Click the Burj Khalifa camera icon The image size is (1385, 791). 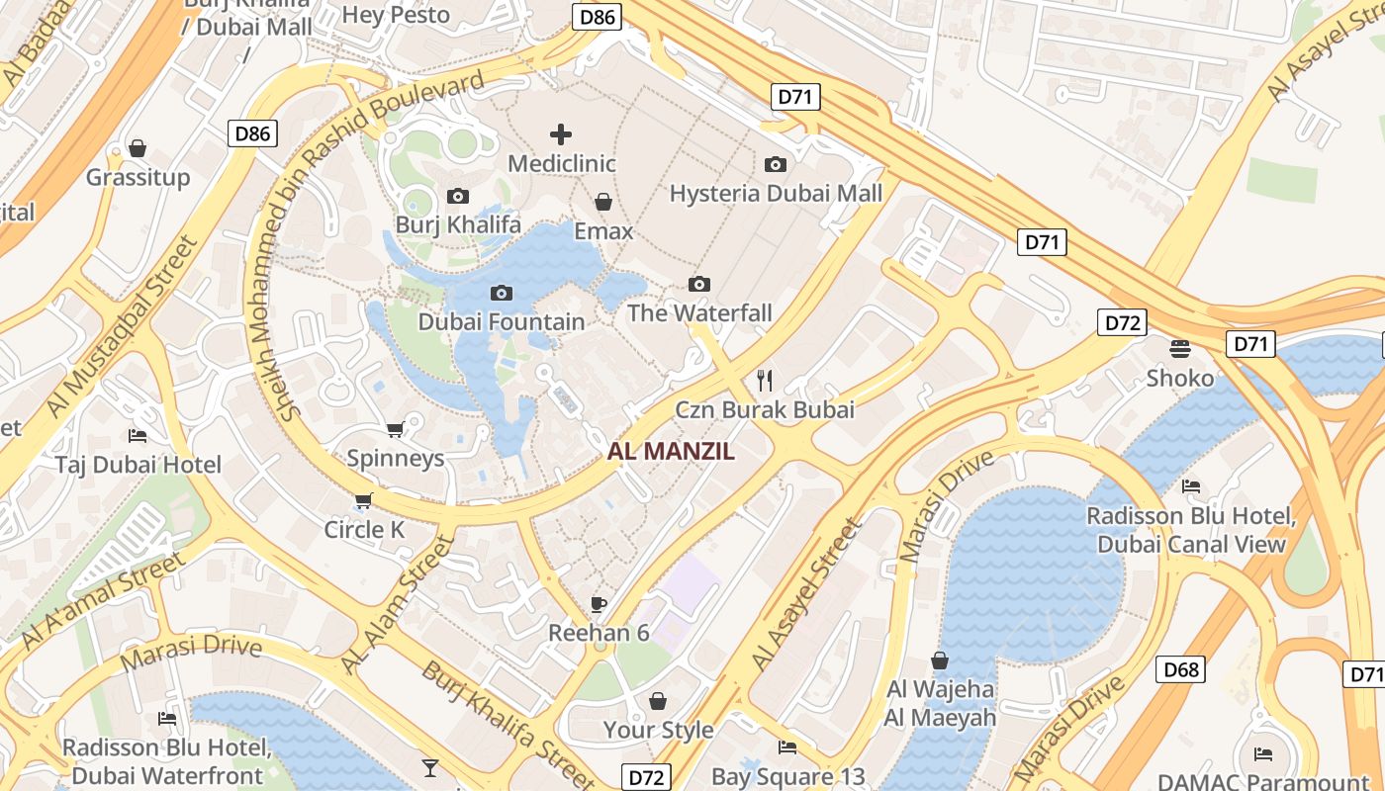(457, 197)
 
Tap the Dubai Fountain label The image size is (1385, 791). (502, 322)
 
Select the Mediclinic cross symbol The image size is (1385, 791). (561, 134)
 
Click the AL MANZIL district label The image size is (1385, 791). (671, 452)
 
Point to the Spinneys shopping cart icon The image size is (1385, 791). (395, 429)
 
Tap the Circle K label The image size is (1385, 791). (364, 530)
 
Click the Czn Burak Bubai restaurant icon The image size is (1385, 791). (764, 379)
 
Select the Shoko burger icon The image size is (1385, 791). (1179, 348)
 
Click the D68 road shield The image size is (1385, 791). (1181, 669)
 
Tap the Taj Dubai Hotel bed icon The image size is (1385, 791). (138, 436)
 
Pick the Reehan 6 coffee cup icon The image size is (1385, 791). (598, 604)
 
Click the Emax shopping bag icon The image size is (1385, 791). (602, 203)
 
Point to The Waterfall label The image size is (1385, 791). (699, 313)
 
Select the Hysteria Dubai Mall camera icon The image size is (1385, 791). (776, 164)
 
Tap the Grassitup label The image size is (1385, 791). (138, 178)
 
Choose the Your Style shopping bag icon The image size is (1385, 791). (658, 701)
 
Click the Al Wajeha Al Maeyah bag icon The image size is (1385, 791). (940, 660)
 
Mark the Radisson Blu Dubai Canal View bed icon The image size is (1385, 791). (1191, 486)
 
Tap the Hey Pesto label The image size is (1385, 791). (396, 15)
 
